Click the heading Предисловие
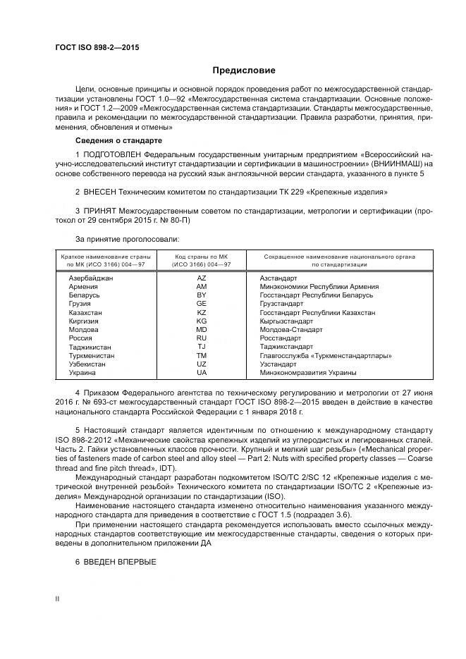pyautogui.click(x=244, y=70)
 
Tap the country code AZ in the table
pyautogui.click(x=202, y=278)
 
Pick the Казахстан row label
pyautogui.click(x=85, y=312)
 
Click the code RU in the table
pyautogui.click(x=202, y=338)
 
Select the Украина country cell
pyautogui.click(x=82, y=372)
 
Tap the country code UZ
pyautogui.click(x=202, y=364)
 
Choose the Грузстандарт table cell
pyautogui.click(x=283, y=304)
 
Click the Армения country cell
pyautogui.click(x=82, y=287)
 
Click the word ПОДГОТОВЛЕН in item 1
pyautogui.click(x=113, y=154)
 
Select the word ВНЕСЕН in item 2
pyautogui.click(x=103, y=192)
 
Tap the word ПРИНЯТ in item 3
pyautogui.click(x=104, y=211)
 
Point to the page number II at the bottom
pyautogui.click(x=58, y=598)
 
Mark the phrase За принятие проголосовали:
pyautogui.click(x=121, y=239)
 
